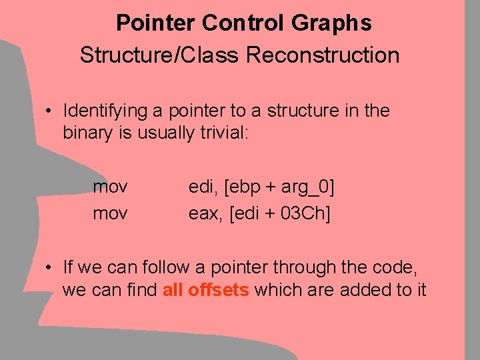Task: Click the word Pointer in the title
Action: tap(156, 23)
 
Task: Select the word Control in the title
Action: tap(244, 23)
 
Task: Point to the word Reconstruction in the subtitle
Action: tap(323, 55)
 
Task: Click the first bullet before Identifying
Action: tap(50, 111)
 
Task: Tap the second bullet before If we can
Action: tap(50, 269)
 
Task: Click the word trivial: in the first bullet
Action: tap(224, 132)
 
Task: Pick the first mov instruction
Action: tap(111, 186)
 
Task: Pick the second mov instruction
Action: tap(111, 213)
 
